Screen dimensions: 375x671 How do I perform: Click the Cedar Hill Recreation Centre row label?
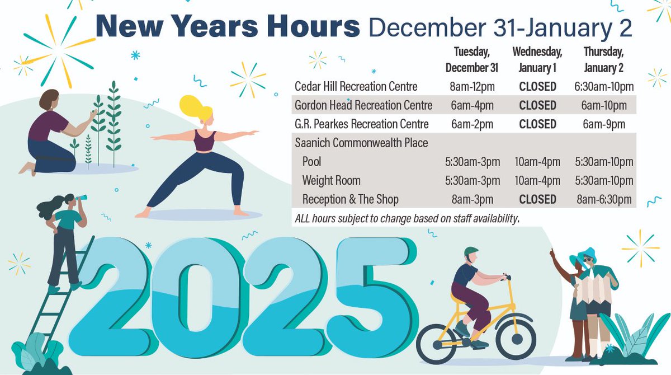(x=356, y=87)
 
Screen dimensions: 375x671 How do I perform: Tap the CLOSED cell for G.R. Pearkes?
(x=537, y=124)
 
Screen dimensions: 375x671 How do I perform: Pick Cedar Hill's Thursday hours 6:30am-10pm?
(x=603, y=87)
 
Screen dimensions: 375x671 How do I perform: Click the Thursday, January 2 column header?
(x=603, y=59)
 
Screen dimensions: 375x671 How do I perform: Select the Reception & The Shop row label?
(x=350, y=199)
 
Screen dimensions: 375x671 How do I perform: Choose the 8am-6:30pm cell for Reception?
(x=603, y=199)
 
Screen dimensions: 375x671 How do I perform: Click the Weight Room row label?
(x=331, y=181)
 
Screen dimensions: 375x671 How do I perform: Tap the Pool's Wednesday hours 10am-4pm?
(x=537, y=162)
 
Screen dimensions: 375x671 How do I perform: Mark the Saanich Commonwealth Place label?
(x=361, y=143)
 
